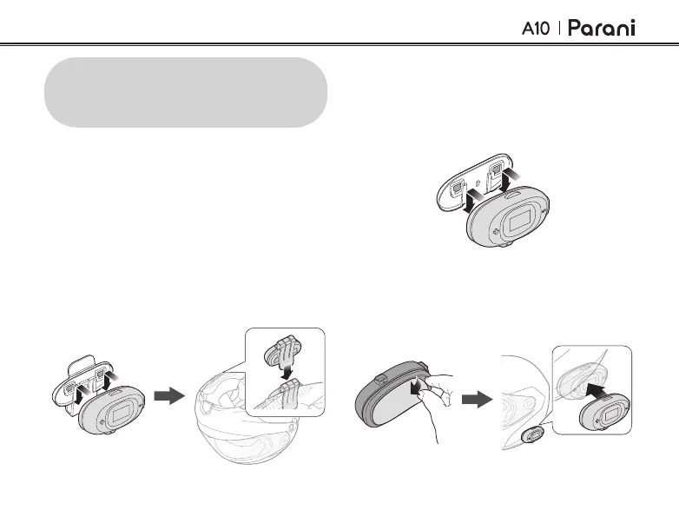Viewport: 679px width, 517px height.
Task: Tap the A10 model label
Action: point(537,29)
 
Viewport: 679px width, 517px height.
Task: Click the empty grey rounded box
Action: point(186,92)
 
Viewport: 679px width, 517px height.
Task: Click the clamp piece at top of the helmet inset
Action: point(280,348)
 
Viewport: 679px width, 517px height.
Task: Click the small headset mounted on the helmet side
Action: point(534,434)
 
